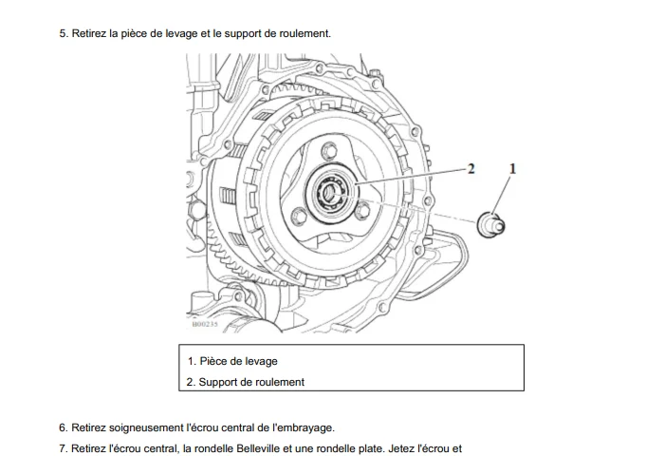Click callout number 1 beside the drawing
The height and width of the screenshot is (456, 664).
512,169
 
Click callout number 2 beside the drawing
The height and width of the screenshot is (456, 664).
470,169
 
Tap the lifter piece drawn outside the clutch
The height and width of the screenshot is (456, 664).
490,224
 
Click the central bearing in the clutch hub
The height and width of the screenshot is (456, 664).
330,194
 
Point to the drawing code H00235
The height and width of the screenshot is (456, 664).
205,324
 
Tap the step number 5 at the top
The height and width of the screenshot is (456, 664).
64,33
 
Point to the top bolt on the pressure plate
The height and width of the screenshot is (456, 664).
329,151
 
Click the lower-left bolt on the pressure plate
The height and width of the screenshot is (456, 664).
300,217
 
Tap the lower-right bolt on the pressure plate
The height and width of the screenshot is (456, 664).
362,211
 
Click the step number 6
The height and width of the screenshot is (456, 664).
64,428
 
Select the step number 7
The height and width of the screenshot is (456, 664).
64,448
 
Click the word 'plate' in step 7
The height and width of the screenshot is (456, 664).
372,448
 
